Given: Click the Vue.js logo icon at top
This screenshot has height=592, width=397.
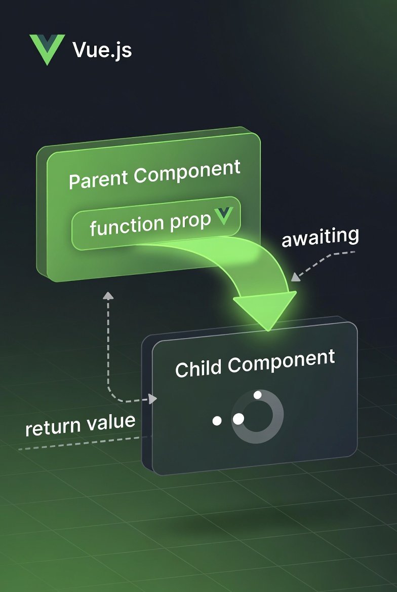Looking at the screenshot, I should (47, 49).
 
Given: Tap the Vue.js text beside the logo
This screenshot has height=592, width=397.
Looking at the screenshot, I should (102, 50).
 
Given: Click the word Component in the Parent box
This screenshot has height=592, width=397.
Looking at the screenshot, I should (187, 172).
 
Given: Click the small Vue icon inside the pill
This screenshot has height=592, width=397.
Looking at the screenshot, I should (223, 215).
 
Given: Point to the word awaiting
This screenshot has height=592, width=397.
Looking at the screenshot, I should (320, 237).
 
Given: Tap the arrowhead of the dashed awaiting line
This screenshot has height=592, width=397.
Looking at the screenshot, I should (296, 277).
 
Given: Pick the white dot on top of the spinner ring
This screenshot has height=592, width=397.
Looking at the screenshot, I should (258, 395).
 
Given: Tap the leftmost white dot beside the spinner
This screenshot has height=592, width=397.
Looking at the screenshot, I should (217, 421).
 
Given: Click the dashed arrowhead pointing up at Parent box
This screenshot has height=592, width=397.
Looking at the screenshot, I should (108, 295).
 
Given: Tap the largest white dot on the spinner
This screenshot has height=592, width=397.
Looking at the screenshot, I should (238, 419).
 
